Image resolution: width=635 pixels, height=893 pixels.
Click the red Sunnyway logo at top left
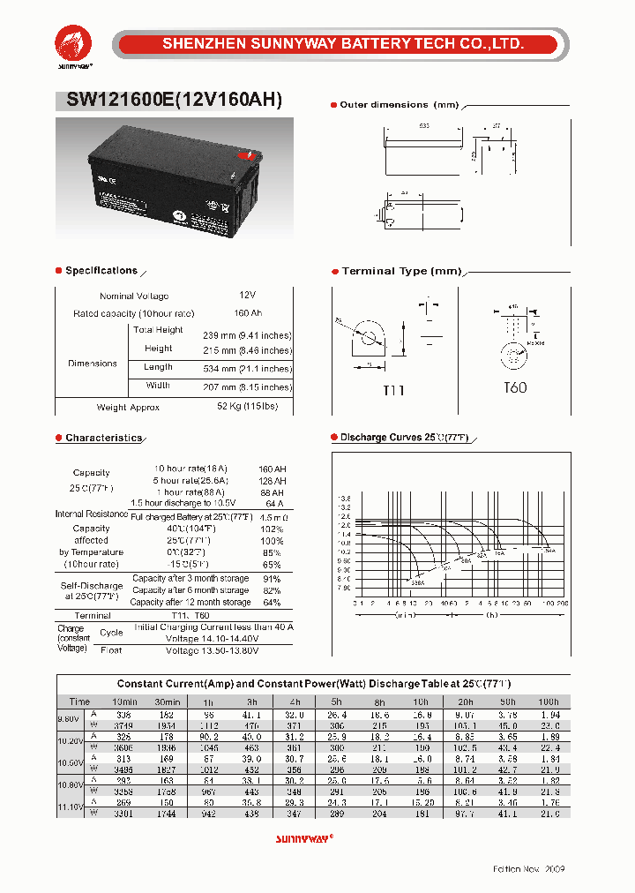[73, 45]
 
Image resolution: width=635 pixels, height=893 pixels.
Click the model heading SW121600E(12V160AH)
[175, 101]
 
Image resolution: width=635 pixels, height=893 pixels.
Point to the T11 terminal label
[392, 389]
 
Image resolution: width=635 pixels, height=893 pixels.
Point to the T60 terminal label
[514, 387]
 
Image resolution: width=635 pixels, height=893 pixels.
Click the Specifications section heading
[101, 271]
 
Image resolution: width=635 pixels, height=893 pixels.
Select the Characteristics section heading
[103, 438]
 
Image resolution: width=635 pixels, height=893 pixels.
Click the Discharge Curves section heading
[404, 438]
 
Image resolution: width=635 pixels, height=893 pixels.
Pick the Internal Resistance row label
[92, 514]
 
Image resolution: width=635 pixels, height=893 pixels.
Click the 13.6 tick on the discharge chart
[344, 499]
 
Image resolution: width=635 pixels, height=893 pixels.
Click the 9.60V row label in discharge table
[71, 718]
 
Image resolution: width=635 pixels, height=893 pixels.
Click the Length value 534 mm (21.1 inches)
[252, 368]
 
